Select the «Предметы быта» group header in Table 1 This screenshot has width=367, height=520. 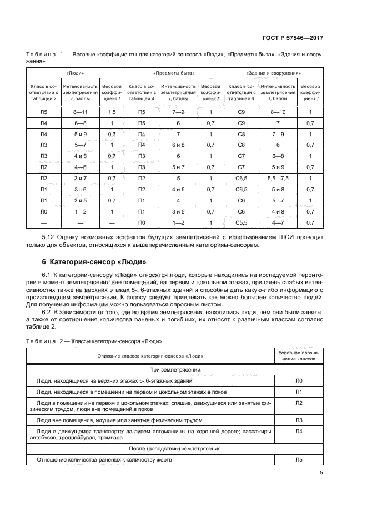[x=173, y=73]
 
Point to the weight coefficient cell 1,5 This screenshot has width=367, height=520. [x=112, y=112]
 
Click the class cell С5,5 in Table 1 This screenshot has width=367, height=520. [x=241, y=223]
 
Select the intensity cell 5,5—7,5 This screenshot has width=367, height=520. [x=278, y=179]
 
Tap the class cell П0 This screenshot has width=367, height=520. [x=141, y=223]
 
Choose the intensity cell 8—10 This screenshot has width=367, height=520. [x=278, y=112]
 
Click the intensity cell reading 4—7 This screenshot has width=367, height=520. [x=278, y=223]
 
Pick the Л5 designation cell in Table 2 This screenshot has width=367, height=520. [x=299, y=460]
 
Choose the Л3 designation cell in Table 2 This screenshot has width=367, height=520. [x=299, y=420]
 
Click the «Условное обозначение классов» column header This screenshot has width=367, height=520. [x=299, y=355]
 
